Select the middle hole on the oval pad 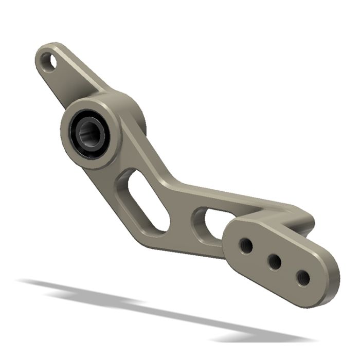[275, 262]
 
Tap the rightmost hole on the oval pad [304, 278]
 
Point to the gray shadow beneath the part [154, 309]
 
